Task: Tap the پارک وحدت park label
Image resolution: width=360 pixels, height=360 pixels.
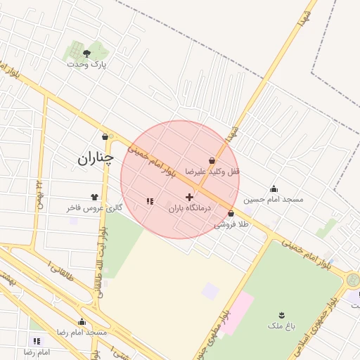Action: coord(86,64)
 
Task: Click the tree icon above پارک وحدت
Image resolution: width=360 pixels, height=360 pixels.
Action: coord(86,53)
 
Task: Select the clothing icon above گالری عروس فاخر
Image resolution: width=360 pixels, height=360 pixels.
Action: coord(94,198)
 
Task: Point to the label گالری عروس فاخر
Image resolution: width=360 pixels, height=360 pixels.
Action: coord(94,208)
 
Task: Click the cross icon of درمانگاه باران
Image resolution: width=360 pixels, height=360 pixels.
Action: coord(189,198)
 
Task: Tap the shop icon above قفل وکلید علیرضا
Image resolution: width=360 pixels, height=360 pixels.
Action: coord(212,161)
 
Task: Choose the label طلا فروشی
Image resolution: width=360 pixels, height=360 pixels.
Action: coord(231,224)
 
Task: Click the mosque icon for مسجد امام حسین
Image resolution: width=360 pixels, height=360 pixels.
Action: coord(274,188)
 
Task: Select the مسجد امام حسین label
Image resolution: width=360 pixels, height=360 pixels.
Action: coord(274,200)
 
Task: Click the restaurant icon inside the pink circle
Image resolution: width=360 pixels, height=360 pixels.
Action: coord(149,202)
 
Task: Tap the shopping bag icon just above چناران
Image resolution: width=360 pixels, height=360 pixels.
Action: coord(105,136)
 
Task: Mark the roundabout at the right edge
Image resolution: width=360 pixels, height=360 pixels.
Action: coord(352,281)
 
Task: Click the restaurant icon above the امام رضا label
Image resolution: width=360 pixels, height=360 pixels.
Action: coord(37,341)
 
